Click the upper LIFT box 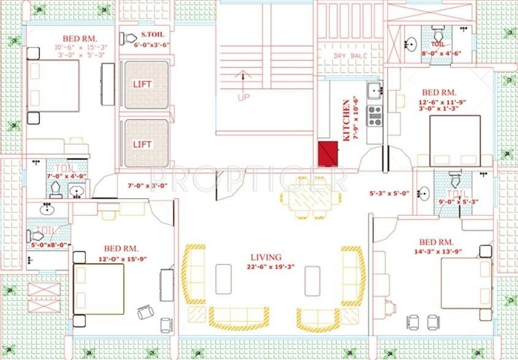(143, 84)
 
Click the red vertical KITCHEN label (347, 121)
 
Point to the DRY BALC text (349, 56)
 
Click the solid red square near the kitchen (329, 153)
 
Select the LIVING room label (265, 257)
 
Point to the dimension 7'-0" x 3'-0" (147, 185)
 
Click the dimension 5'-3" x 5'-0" (389, 193)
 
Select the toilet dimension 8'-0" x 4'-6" (441, 53)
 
